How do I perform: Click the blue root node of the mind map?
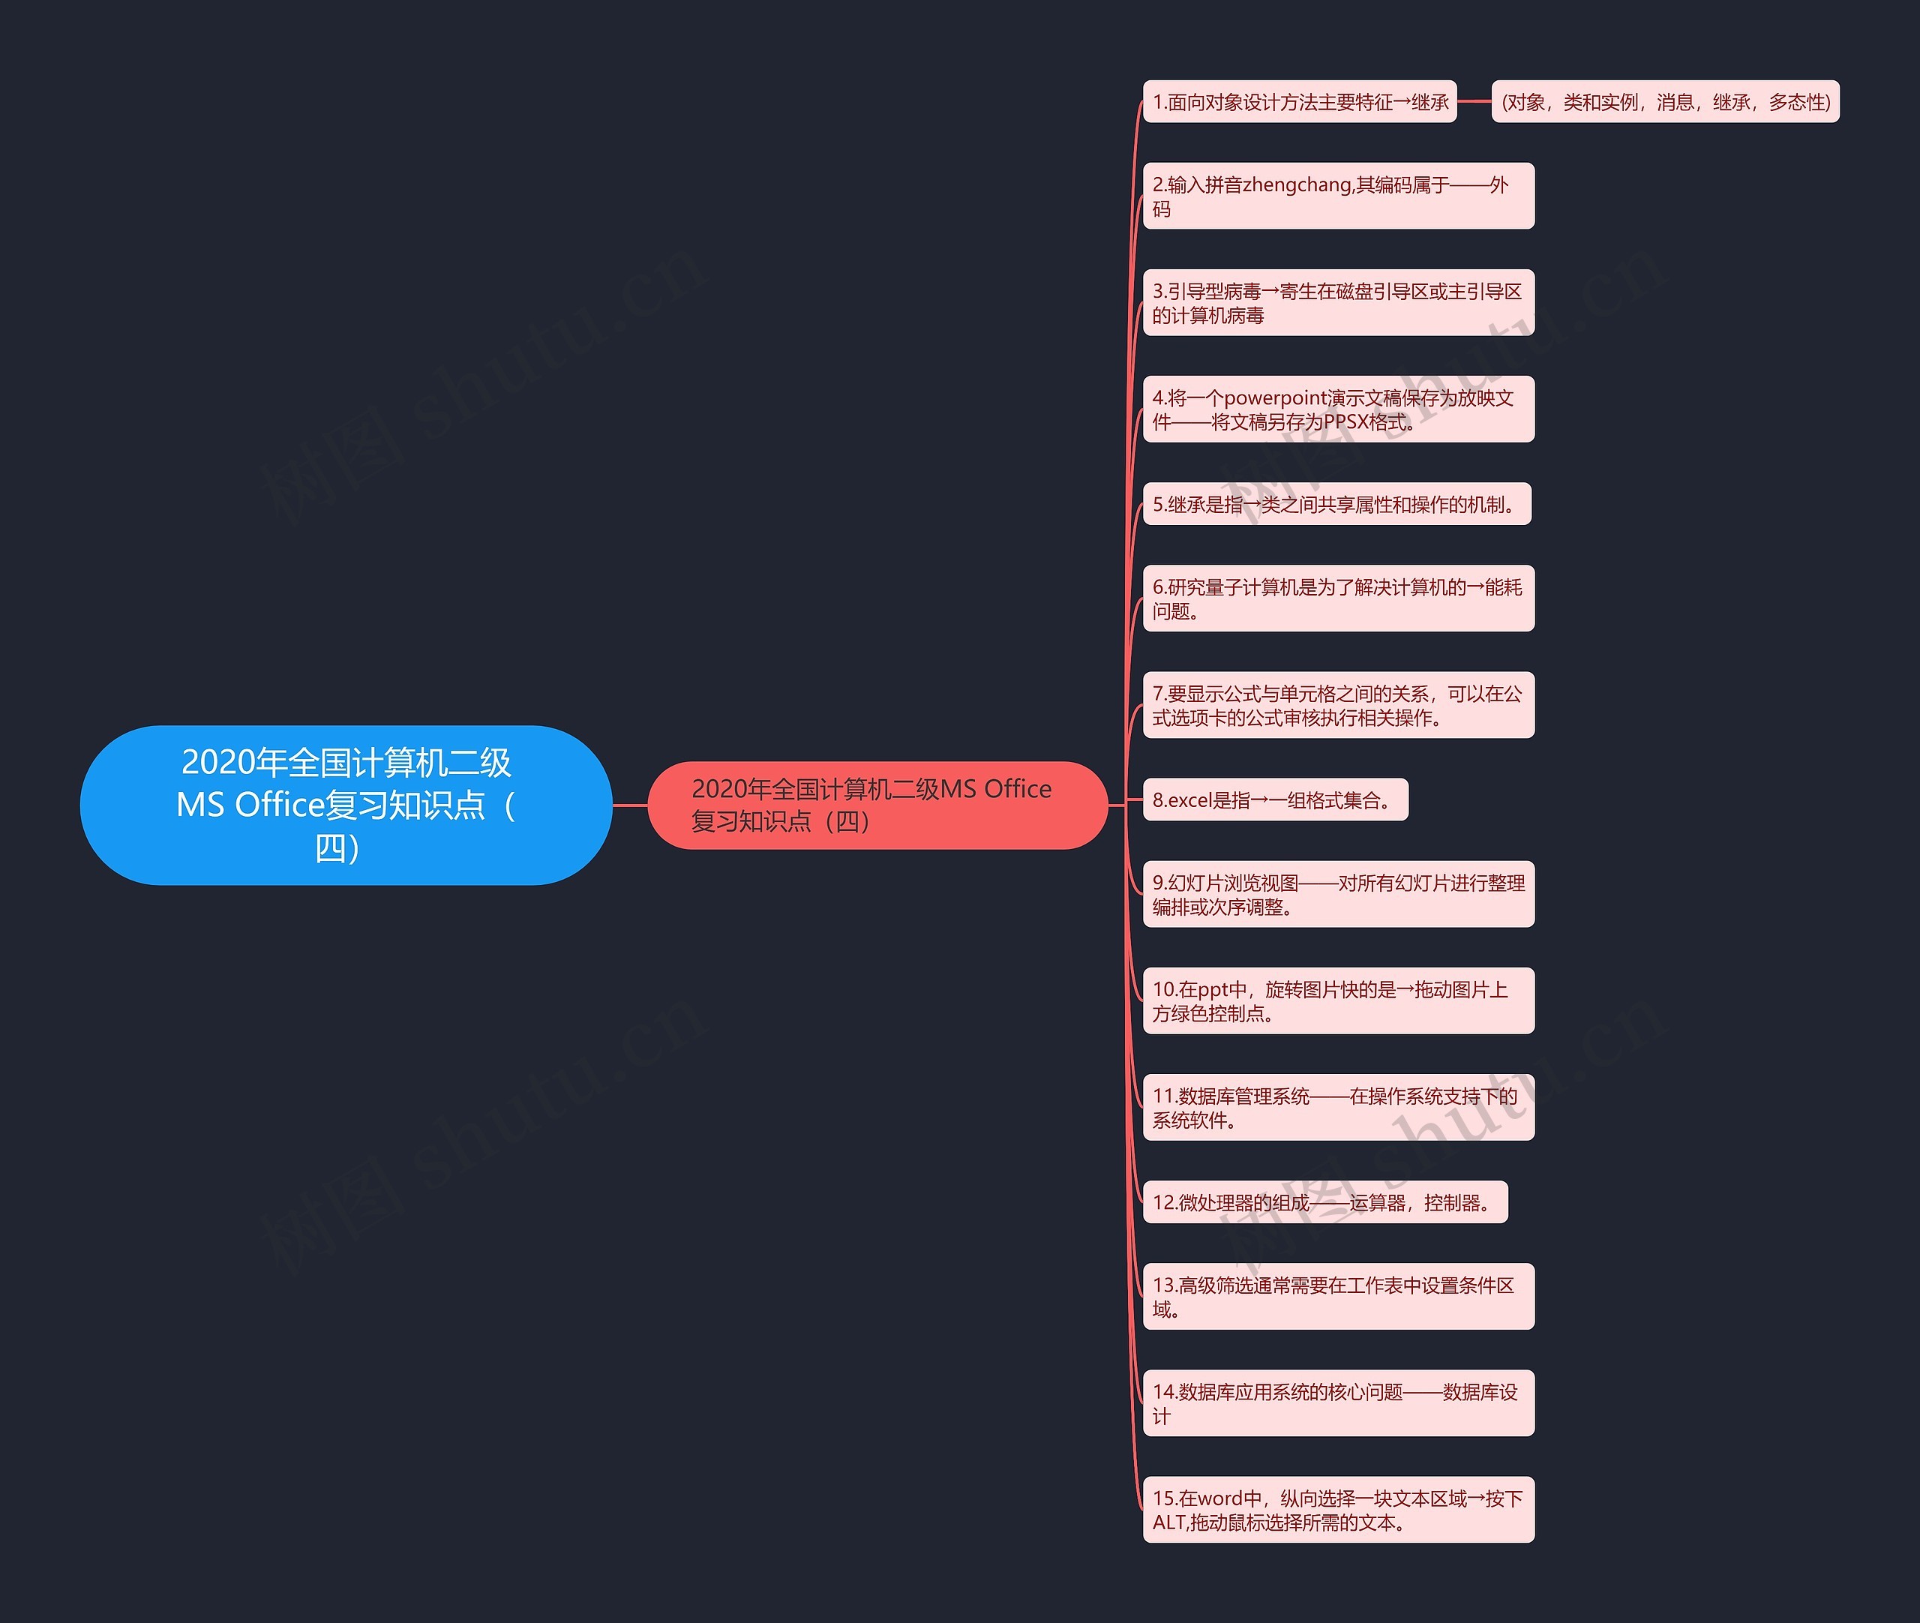pyautogui.click(x=346, y=805)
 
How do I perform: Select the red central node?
pyautogui.click(x=877, y=805)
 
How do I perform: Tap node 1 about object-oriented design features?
pyautogui.click(x=1300, y=101)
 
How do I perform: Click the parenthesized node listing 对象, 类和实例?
pyautogui.click(x=1665, y=101)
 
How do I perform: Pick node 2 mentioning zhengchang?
pyautogui.click(x=1339, y=196)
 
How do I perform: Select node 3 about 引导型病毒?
pyautogui.click(x=1339, y=303)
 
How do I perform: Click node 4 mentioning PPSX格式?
pyautogui.click(x=1339, y=409)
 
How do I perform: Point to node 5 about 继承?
pyautogui.click(x=1336, y=504)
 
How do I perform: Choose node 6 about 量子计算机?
pyautogui.click(x=1339, y=598)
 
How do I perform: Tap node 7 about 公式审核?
pyautogui.click(x=1339, y=705)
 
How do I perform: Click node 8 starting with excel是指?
pyautogui.click(x=1275, y=799)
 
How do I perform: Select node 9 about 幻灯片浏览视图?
pyautogui.click(x=1339, y=894)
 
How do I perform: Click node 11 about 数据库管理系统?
pyautogui.click(x=1339, y=1108)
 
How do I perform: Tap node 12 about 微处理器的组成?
pyautogui.click(x=1324, y=1201)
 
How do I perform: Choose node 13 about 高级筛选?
pyautogui.click(x=1339, y=1297)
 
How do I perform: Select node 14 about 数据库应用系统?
pyautogui.click(x=1339, y=1403)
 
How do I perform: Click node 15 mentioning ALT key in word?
pyautogui.click(x=1339, y=1510)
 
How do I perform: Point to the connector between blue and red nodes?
pyautogui.click(x=630, y=805)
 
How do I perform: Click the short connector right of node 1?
pyautogui.click(x=1474, y=101)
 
